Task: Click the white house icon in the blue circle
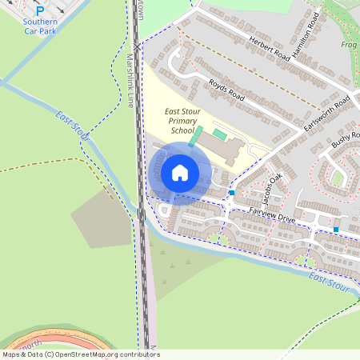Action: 180,173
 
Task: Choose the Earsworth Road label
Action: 327,116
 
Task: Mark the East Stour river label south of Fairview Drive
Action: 330,281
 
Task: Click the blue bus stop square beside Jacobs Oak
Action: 232,193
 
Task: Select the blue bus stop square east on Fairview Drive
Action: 336,230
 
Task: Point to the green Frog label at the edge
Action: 350,46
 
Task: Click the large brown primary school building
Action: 220,148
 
